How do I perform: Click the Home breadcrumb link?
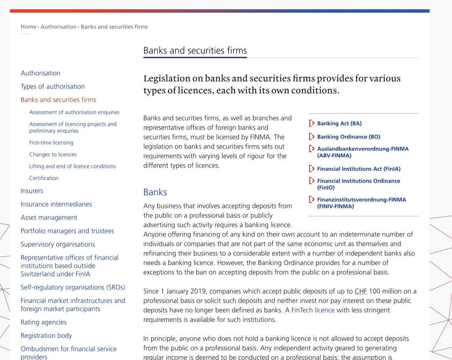[28, 27]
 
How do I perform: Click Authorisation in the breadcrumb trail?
[58, 27]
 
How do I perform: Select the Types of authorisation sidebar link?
[53, 86]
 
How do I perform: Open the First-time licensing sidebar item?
[51, 143]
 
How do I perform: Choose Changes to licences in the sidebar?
[53, 154]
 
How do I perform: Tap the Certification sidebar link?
[44, 178]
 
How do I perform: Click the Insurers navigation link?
[32, 191]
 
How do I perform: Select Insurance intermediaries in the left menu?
[56, 204]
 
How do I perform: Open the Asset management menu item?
[49, 218]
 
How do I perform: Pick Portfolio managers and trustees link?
[67, 231]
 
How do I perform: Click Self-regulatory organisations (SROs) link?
[73, 287]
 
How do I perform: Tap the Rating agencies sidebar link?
[44, 322]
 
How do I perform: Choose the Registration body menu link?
[46, 336]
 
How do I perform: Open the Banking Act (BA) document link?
[339, 123]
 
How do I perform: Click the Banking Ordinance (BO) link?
[348, 137]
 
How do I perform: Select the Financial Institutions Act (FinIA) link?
[359, 169]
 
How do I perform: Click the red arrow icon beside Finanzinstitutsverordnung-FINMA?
[311, 200]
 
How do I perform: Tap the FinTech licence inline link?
[313, 310]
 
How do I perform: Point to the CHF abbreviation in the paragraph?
[360, 291]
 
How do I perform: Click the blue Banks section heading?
[155, 192]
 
